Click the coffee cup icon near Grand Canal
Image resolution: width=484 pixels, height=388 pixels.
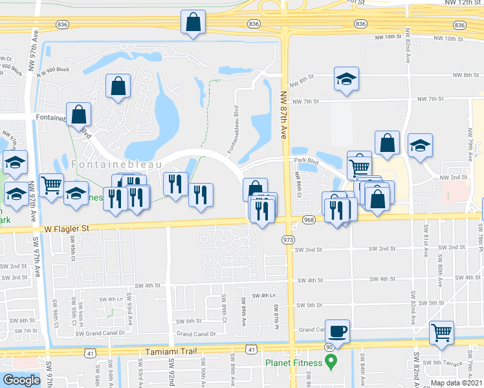[x=337, y=332]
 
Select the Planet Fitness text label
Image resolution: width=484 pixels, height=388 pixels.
[x=293, y=363]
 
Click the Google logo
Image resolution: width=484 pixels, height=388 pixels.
[x=21, y=380]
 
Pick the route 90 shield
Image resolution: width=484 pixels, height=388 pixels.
[x=329, y=348]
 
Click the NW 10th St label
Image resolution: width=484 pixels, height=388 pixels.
[x=388, y=38]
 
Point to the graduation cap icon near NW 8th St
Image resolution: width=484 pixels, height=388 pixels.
[x=346, y=80]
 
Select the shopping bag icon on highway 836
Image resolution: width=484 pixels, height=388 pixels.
[x=193, y=23]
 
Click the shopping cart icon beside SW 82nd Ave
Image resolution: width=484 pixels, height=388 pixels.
[x=442, y=333]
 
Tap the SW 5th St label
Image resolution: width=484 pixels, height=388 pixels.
[x=309, y=304]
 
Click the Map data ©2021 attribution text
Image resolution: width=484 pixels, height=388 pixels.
[x=457, y=383]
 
